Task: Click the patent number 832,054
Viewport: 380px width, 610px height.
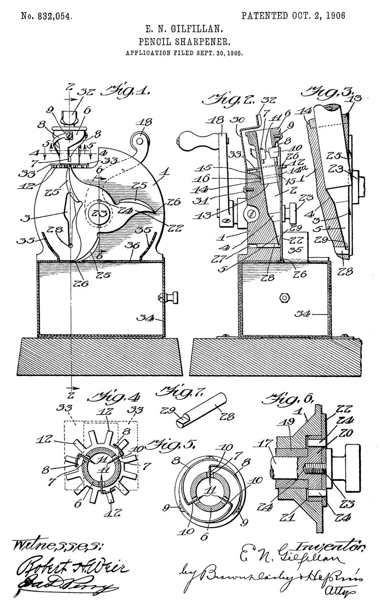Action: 47,16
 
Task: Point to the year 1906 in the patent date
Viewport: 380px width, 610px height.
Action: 331,16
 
